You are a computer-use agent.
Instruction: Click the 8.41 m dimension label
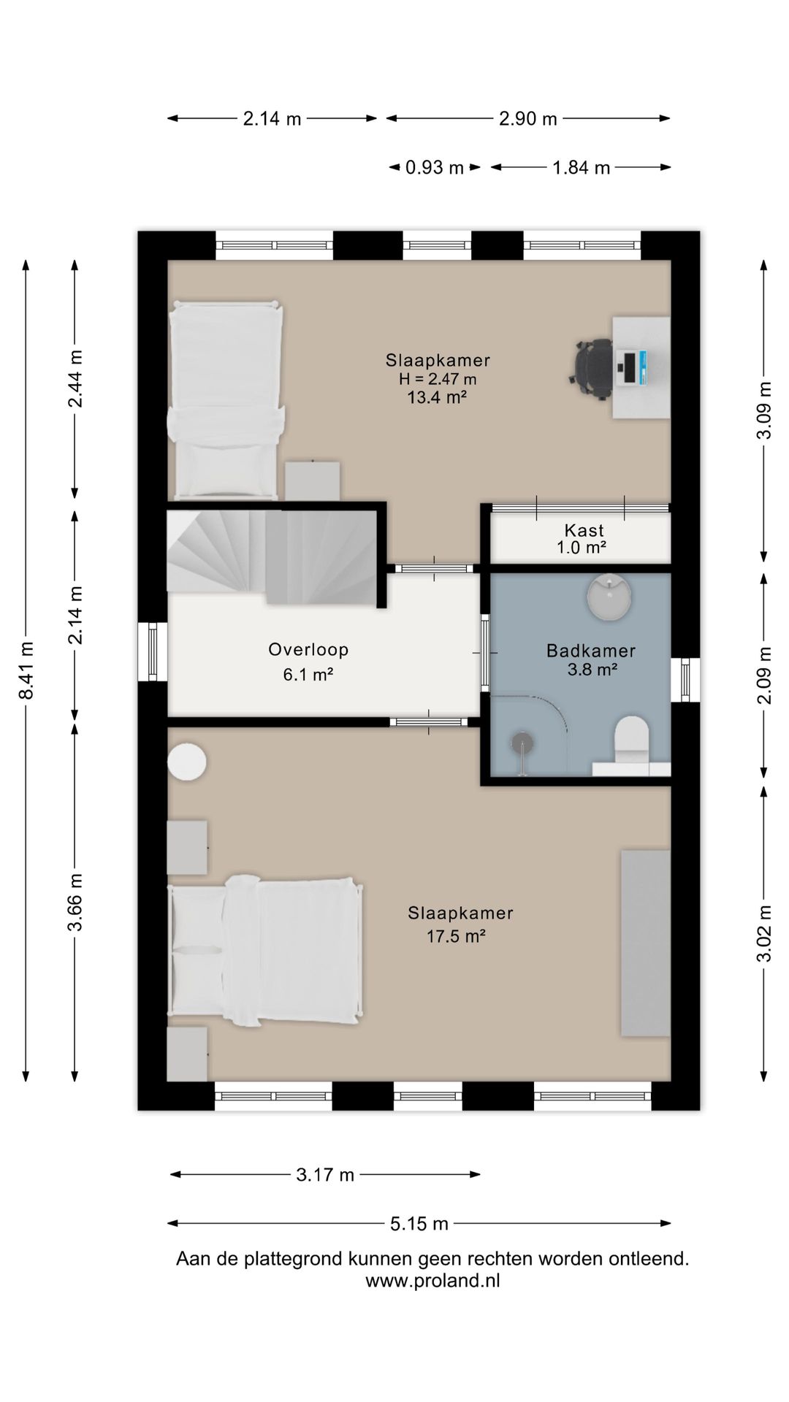pyautogui.click(x=26, y=670)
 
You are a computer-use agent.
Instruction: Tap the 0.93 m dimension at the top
pyautogui.click(x=435, y=168)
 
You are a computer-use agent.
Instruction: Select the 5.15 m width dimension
pyautogui.click(x=419, y=1223)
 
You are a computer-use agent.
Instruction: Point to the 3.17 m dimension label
pyautogui.click(x=325, y=1174)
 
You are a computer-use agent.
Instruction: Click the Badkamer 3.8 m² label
pyautogui.click(x=591, y=659)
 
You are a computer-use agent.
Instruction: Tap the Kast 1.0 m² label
pyautogui.click(x=584, y=539)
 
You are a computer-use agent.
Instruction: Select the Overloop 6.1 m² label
pyautogui.click(x=308, y=661)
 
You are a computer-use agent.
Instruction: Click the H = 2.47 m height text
pyautogui.click(x=438, y=379)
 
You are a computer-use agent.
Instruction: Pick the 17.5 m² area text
pyautogui.click(x=457, y=936)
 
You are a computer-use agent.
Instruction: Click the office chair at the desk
pyautogui.click(x=592, y=369)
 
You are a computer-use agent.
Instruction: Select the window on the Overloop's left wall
pyautogui.click(x=153, y=651)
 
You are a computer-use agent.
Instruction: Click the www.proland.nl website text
pyautogui.click(x=432, y=1280)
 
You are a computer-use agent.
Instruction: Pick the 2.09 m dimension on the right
pyautogui.click(x=764, y=675)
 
